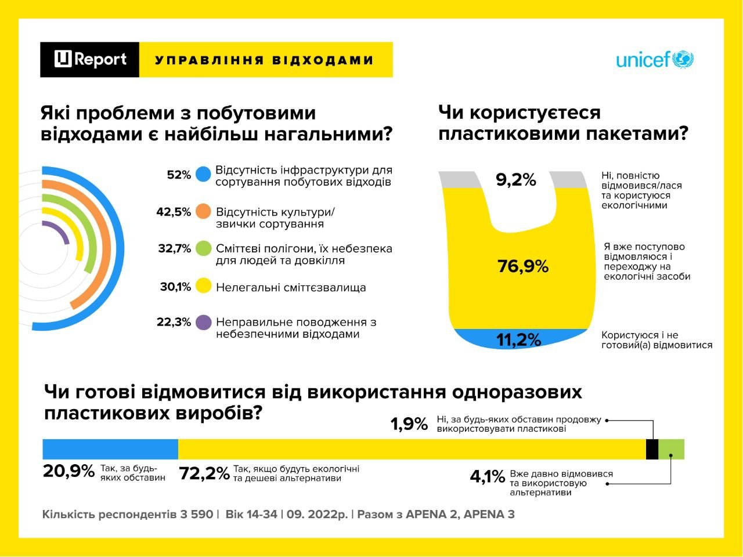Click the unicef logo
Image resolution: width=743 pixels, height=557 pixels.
pyautogui.click(x=655, y=60)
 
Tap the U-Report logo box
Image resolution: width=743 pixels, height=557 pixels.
pyautogui.click(x=90, y=59)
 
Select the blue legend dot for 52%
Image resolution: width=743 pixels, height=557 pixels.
pyautogui.click(x=203, y=175)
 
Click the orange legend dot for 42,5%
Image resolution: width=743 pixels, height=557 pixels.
pyautogui.click(x=203, y=212)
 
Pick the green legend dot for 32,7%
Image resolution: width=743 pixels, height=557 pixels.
pyautogui.click(x=203, y=248)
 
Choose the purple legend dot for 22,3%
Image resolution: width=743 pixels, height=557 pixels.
pyautogui.click(x=203, y=323)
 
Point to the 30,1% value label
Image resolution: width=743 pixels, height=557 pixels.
pyautogui.click(x=175, y=287)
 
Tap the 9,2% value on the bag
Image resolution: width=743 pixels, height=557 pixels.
pyautogui.click(x=515, y=180)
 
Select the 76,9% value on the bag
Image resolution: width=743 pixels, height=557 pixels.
pyautogui.click(x=523, y=266)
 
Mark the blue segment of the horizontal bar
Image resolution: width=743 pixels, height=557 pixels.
pyautogui.click(x=110, y=449)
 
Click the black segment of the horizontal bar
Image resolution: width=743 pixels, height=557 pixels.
pyautogui.click(x=652, y=449)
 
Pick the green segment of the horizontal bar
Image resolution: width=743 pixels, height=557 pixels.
pyautogui.click(x=672, y=449)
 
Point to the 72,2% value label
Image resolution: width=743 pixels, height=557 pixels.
pyautogui.click(x=204, y=473)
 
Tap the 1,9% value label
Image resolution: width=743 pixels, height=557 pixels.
pyautogui.click(x=409, y=424)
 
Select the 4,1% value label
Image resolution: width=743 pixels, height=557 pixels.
pyautogui.click(x=487, y=477)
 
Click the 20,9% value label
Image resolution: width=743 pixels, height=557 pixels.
pyautogui.click(x=68, y=471)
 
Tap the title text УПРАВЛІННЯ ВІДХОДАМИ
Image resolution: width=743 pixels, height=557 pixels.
pyautogui.click(x=265, y=60)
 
